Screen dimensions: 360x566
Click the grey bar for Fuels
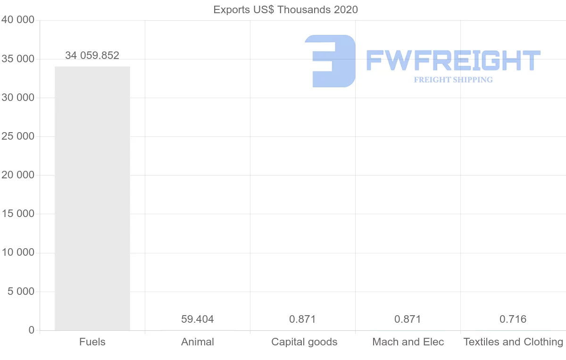[92, 198]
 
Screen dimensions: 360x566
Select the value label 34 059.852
[92, 56]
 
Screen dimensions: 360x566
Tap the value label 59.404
[198, 319]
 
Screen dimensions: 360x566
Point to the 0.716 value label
[513, 319]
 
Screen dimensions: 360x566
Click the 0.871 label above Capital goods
[303, 319]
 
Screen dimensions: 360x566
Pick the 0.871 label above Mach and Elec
[408, 319]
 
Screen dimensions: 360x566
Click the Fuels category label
[92, 342]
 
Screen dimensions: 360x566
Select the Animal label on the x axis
[198, 342]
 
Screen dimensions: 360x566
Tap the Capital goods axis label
[304, 342]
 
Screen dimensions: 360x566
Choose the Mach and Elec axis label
[408, 342]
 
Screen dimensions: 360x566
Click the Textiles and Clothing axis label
[513, 342]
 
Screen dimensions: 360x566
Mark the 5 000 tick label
[21, 292]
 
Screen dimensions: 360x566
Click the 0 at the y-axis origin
[32, 330]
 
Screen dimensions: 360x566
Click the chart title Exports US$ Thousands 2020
[286, 9]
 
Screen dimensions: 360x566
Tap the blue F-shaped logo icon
[330, 61]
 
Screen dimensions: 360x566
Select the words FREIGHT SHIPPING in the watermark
[453, 80]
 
